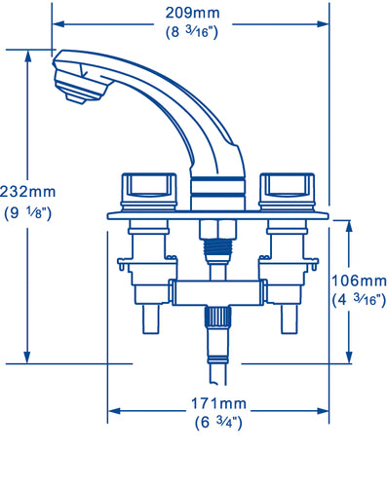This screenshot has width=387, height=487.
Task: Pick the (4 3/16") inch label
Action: [x=356, y=298]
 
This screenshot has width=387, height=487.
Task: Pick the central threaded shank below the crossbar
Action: [x=215, y=321]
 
